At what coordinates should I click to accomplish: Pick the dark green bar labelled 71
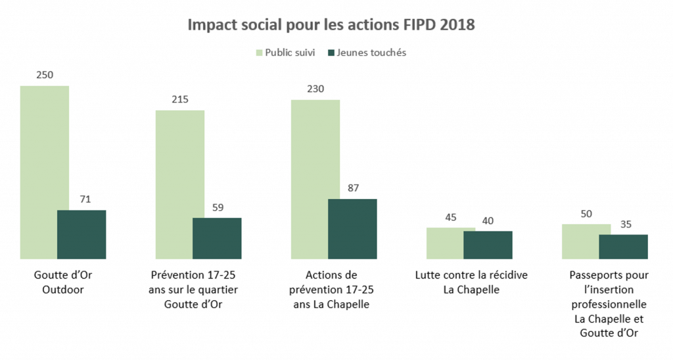(x=81, y=234)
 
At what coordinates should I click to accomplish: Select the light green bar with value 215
(x=179, y=184)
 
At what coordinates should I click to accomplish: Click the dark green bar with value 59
(x=217, y=238)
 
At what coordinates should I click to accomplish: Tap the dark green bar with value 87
(x=352, y=229)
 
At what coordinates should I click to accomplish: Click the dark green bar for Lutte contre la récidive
(x=488, y=244)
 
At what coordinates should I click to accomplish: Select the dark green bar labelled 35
(x=623, y=246)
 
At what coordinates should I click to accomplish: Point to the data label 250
(x=45, y=75)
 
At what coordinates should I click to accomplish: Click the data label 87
(x=352, y=188)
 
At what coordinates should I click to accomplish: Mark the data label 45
(x=451, y=217)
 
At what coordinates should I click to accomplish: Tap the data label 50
(x=586, y=214)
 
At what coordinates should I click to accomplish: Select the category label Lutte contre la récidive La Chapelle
(x=471, y=282)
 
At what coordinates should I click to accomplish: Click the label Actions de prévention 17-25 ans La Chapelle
(x=333, y=290)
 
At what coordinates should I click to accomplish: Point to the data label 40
(x=488, y=221)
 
